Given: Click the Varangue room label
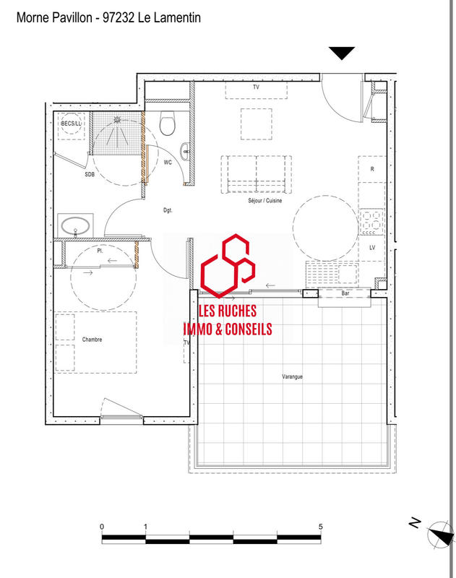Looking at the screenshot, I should (292, 376).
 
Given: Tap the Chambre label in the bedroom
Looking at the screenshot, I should (92, 339).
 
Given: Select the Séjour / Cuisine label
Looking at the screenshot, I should (264, 201).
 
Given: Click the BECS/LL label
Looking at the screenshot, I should (72, 124).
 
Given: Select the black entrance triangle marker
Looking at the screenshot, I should (342, 53).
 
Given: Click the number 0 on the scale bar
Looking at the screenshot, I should (103, 526).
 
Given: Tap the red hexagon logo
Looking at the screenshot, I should (227, 265).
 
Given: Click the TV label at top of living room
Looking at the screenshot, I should (256, 87).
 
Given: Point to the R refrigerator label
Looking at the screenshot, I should (371, 169).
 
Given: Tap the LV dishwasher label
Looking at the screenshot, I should (371, 248).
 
